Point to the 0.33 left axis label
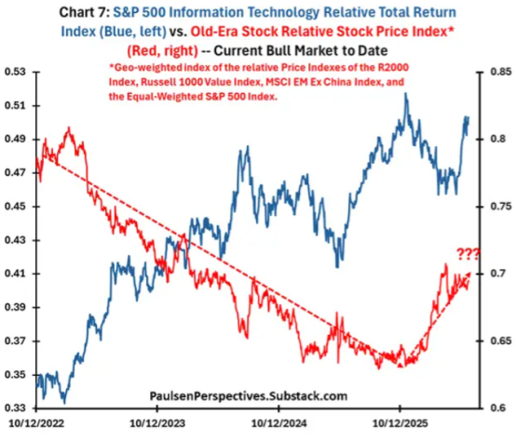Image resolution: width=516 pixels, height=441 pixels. [x=15, y=408]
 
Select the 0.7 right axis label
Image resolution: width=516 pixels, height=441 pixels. [x=498, y=274]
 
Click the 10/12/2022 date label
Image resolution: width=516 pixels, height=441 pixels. [x=36, y=423]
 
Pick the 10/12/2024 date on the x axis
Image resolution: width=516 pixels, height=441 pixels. [x=278, y=423]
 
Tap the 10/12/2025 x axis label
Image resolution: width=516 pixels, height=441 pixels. [x=401, y=423]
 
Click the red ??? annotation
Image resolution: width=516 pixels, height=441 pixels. [x=468, y=255]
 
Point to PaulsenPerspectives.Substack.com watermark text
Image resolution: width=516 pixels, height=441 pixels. [x=249, y=395]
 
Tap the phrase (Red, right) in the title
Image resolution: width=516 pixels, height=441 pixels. [x=163, y=51]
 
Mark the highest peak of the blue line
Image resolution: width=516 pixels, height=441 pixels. [x=406, y=93]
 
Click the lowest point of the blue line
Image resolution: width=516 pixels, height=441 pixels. [x=64, y=403]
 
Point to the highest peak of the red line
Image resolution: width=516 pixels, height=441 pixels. [x=69, y=127]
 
